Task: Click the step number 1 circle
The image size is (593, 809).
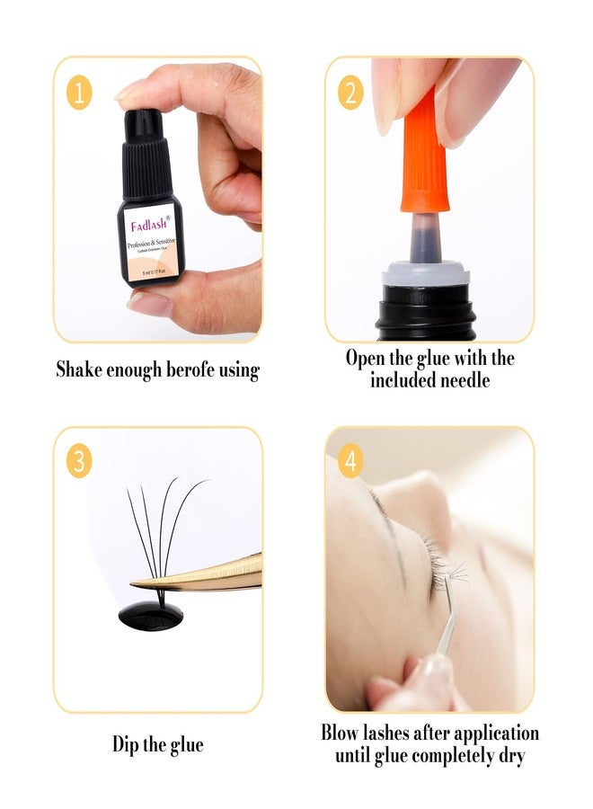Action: pyautogui.click(x=79, y=93)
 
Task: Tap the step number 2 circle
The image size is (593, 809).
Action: pyautogui.click(x=350, y=93)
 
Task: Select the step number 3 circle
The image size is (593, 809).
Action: pyautogui.click(x=79, y=462)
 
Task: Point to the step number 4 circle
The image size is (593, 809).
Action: pyautogui.click(x=350, y=462)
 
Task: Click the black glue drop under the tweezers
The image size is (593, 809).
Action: pyautogui.click(x=151, y=613)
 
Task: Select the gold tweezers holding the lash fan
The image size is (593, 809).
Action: pyautogui.click(x=216, y=573)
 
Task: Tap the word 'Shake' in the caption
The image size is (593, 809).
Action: pyautogui.click(x=79, y=369)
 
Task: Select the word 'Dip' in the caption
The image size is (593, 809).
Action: pyautogui.click(x=127, y=744)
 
